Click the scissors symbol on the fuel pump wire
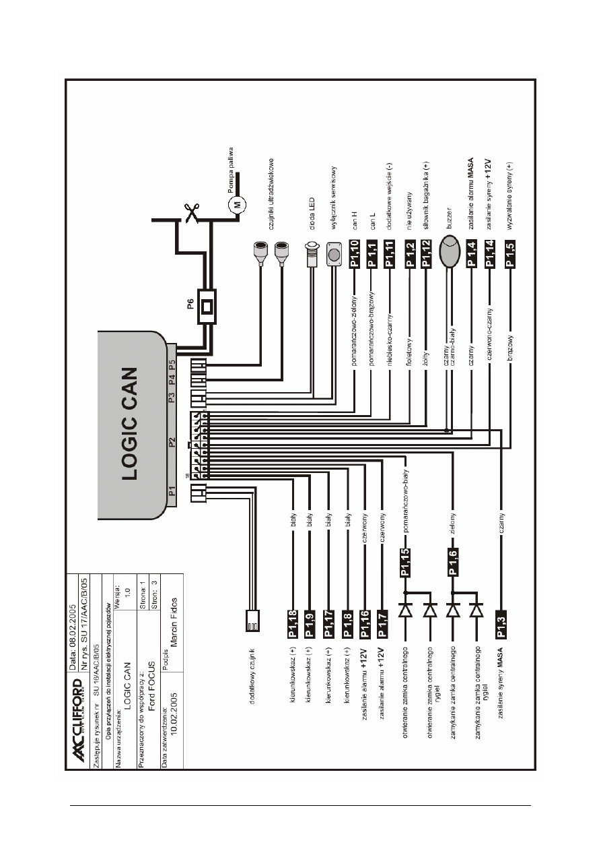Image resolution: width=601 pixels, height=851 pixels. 193,214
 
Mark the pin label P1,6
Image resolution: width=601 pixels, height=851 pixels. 453,561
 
